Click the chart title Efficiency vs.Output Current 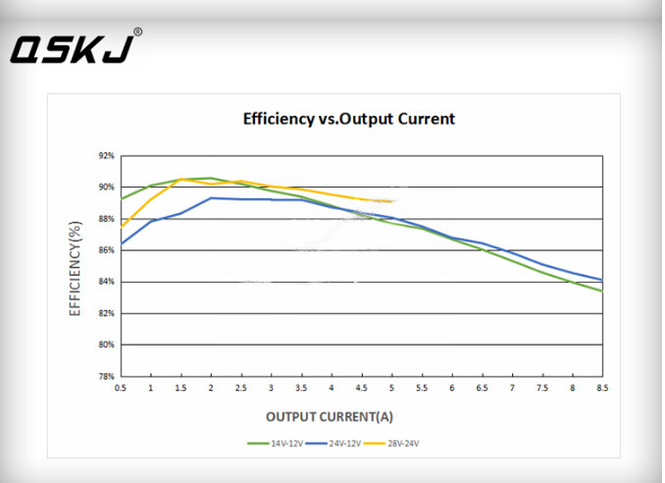(x=349, y=119)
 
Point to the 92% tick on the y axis (x=107, y=155)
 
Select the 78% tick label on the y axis (x=107, y=377)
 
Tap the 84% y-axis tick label (x=107, y=282)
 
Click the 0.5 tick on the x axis (x=120, y=389)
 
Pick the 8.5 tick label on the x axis (x=602, y=389)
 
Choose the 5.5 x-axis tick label (x=422, y=389)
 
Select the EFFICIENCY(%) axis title (x=76, y=265)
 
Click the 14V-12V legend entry (x=276, y=444)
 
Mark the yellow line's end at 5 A (x=392, y=201)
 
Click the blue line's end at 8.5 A (x=602, y=280)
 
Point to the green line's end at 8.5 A (x=602, y=291)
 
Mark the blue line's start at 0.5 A (x=121, y=243)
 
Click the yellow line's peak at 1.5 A (x=181, y=179)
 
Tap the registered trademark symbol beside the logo (x=137, y=31)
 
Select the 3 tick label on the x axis (x=271, y=389)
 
